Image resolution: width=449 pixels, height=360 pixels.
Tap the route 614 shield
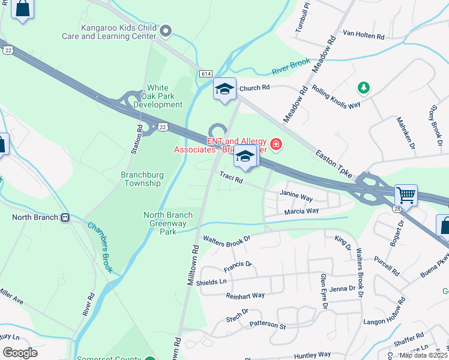[x=206, y=73]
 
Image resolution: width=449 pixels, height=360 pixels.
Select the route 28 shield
[x=397, y=208]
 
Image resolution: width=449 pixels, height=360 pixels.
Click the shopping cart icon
[x=406, y=194]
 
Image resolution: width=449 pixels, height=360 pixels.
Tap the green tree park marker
[x=363, y=88]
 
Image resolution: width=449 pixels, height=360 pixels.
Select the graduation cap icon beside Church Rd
[x=225, y=89]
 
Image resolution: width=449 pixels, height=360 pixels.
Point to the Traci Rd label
[x=231, y=178]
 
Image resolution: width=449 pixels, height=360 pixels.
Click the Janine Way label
[x=296, y=196]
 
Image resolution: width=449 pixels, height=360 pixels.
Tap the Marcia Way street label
[x=301, y=211]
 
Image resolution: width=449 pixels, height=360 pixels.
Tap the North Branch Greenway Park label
[x=168, y=223]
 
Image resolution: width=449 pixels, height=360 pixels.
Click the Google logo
[x=20, y=352]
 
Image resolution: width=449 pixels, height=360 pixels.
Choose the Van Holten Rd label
[x=363, y=36]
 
